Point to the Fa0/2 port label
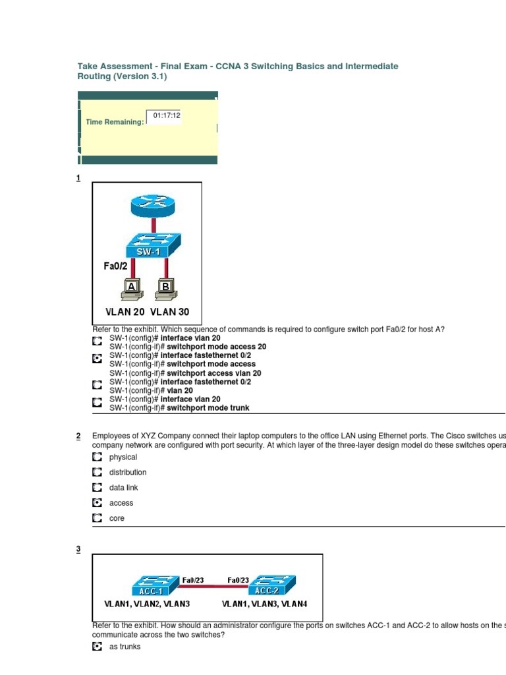pos(115,265)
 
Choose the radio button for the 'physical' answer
pos(97,457)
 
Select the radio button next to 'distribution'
pos(97,472)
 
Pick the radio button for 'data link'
pos(97,488)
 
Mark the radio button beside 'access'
pos(97,503)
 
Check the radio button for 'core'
pos(97,518)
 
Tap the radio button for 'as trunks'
pos(97,647)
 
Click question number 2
pos(78,436)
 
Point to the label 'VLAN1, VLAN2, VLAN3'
pos(148,603)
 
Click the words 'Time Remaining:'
pos(115,122)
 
